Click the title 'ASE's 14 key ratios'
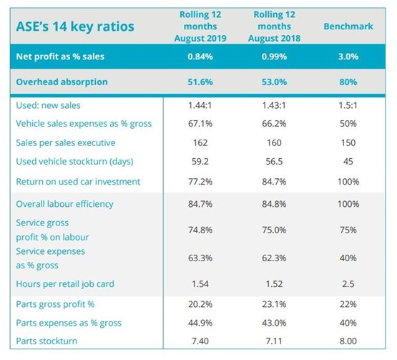(75, 26)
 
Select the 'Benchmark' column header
(348, 26)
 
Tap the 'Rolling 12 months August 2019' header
(200, 26)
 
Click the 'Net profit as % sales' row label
(60, 57)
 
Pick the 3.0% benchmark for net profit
(348, 57)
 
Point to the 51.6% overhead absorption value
(200, 82)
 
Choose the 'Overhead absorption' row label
(62, 82)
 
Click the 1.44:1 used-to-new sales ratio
(200, 105)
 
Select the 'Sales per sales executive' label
(66, 143)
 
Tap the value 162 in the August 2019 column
(200, 143)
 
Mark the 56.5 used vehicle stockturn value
(274, 161)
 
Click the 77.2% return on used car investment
(200, 182)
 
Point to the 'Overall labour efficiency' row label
(64, 204)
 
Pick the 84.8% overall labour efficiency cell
(274, 204)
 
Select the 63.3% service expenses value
(200, 258)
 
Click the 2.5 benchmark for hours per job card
(348, 283)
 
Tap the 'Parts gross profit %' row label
(55, 304)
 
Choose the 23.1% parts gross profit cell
(274, 304)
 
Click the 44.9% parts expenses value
(200, 323)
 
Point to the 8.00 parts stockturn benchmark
(348, 341)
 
